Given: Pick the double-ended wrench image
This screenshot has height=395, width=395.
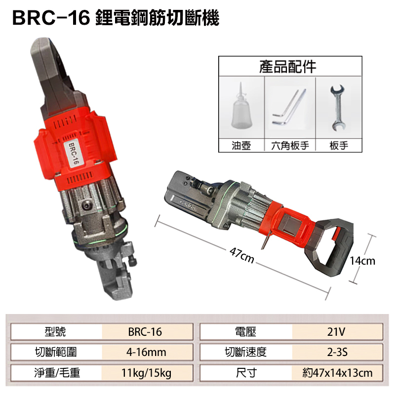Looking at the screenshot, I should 338,108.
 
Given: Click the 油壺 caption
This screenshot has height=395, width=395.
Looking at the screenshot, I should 242,146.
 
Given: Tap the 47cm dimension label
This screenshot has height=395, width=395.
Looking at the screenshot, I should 241,256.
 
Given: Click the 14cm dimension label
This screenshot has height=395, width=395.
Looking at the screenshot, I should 362,261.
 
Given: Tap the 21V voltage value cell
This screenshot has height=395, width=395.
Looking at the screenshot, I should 337,332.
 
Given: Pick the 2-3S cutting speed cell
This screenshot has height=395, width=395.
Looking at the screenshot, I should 337,352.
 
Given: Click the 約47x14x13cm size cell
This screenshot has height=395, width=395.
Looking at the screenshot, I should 337,373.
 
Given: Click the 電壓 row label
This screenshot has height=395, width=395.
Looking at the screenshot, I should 246,332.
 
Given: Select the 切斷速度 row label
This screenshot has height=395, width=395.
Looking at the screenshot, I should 246,352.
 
